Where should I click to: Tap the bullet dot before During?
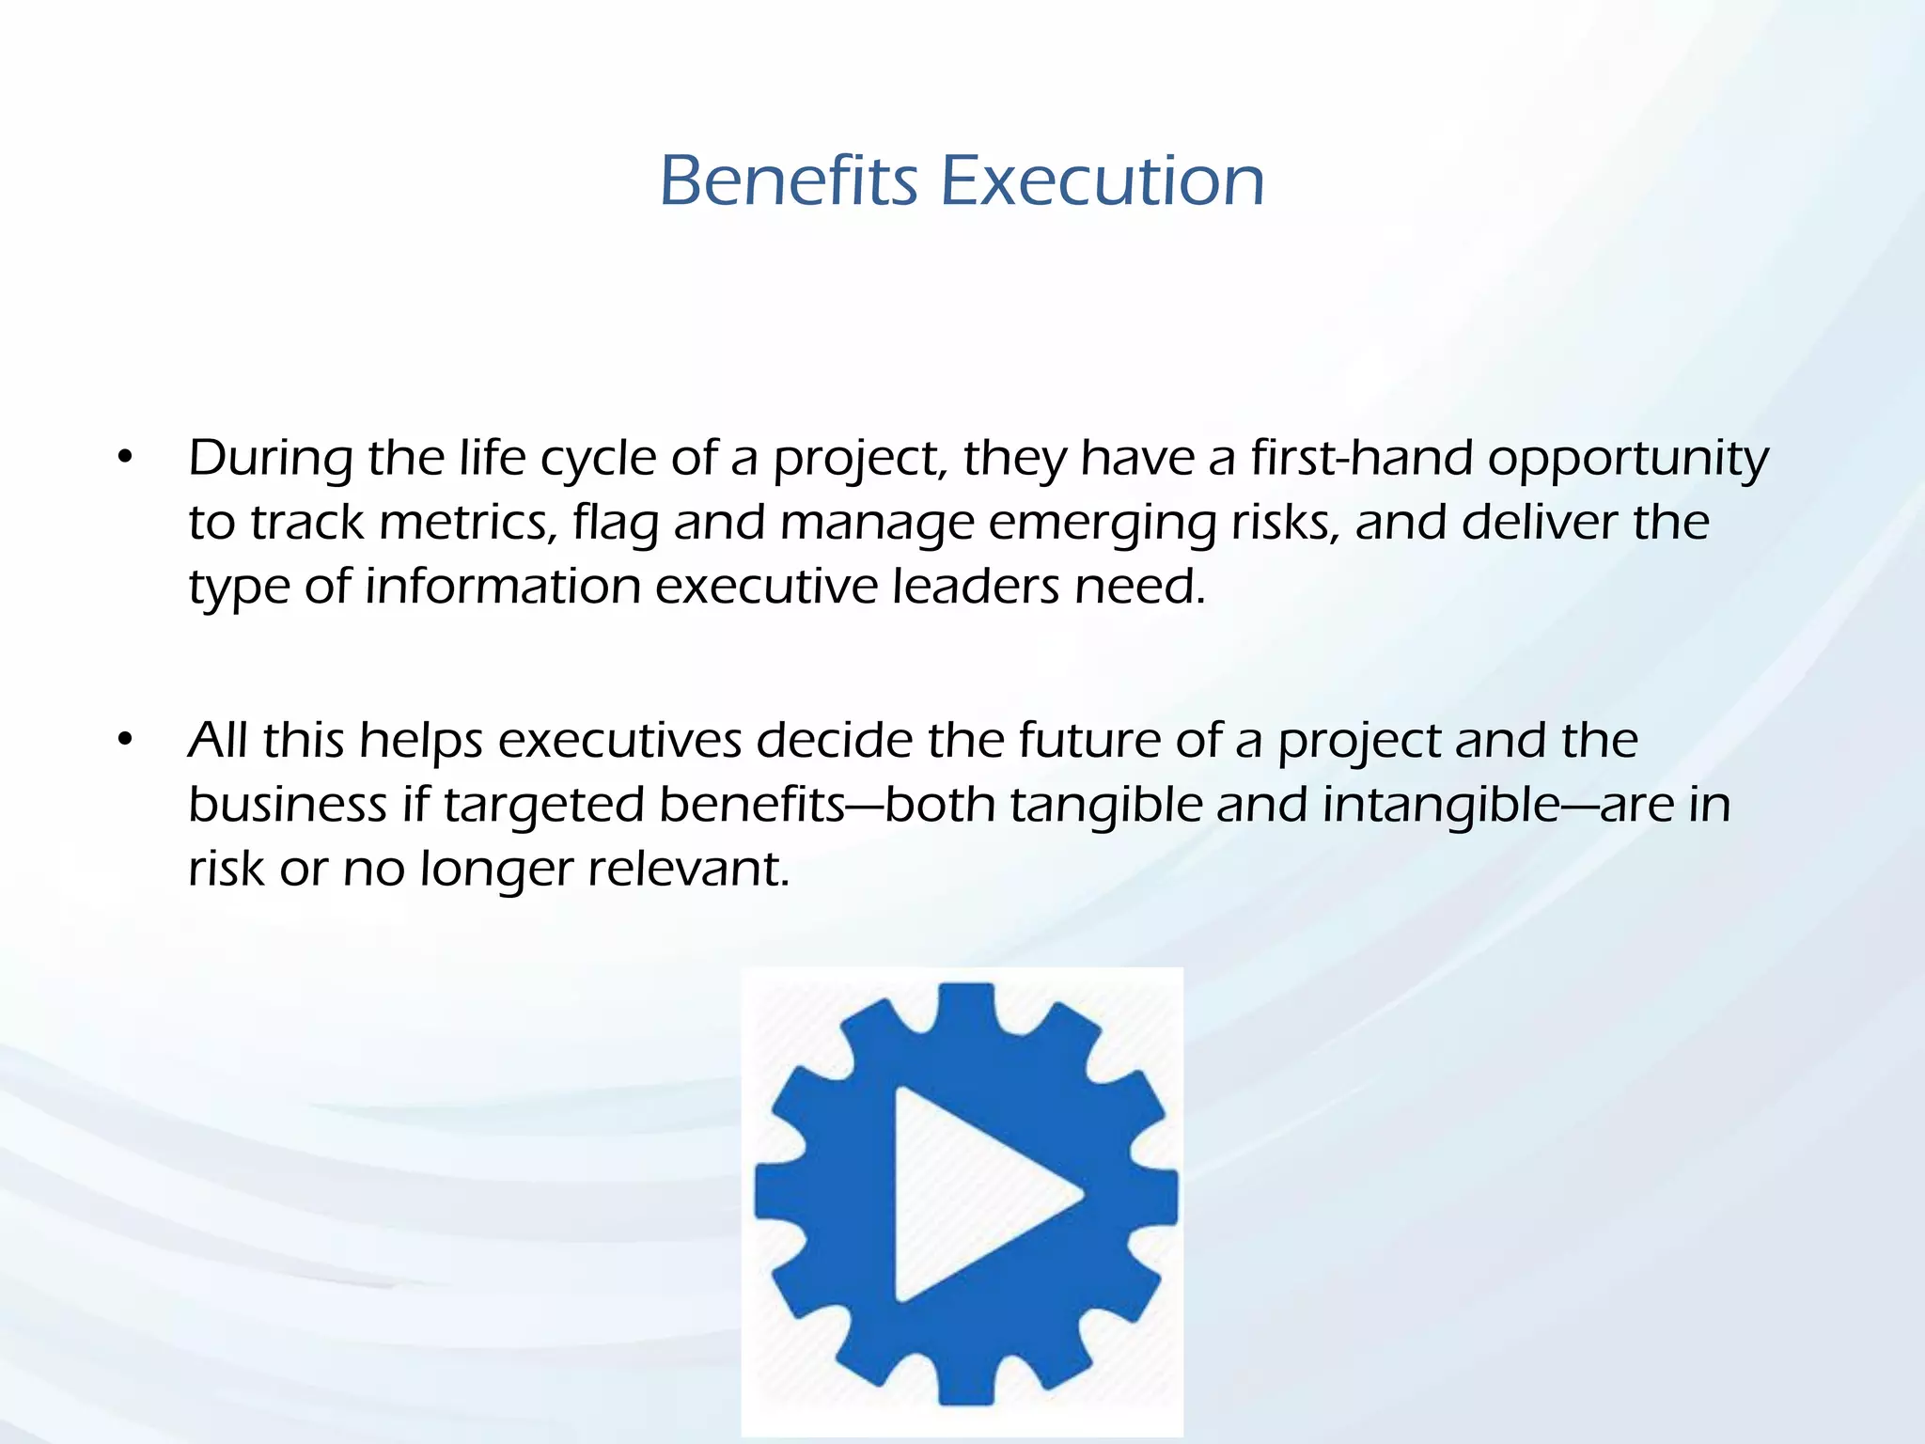click(x=126, y=459)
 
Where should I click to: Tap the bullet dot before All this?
click(x=126, y=741)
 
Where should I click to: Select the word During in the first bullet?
click(x=270, y=459)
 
